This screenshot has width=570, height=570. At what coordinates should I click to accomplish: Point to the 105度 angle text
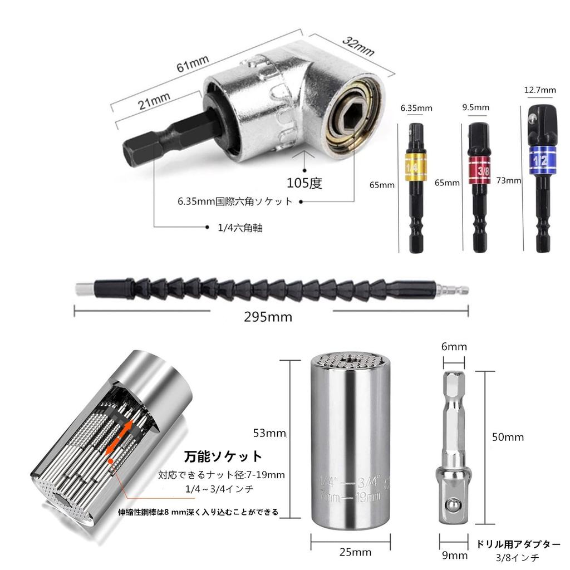pos(304,183)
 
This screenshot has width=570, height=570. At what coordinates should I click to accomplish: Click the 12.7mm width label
pos(540,90)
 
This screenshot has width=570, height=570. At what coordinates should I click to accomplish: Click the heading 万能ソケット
pos(223,457)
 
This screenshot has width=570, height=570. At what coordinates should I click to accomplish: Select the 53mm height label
pos(268,434)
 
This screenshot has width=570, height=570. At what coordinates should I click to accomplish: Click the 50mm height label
pos(508,437)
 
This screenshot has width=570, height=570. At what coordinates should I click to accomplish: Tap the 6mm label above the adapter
pos(454,347)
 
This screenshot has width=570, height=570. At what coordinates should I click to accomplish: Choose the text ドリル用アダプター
pos(518,544)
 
